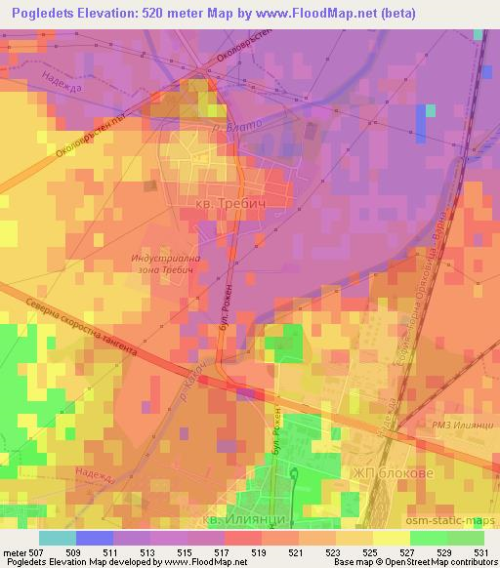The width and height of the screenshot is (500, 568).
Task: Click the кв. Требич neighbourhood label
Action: [231, 203]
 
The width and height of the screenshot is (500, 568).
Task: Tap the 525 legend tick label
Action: [371, 551]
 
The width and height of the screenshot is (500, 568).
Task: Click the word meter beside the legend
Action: [14, 551]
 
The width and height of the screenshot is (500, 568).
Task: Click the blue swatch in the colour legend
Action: [95, 537]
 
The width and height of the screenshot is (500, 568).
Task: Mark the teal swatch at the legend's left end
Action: [58, 537]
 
